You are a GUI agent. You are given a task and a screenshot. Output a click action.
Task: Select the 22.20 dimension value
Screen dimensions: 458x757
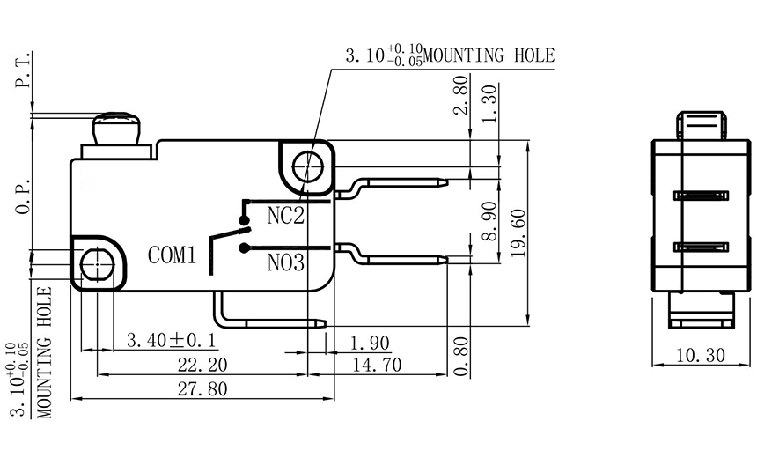(x=202, y=365)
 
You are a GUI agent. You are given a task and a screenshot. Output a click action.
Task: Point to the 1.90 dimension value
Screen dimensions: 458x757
(x=370, y=342)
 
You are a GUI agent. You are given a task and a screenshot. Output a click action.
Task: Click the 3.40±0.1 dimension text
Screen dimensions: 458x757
(x=173, y=340)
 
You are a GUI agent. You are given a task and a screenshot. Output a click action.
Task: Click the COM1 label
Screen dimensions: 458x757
(x=171, y=256)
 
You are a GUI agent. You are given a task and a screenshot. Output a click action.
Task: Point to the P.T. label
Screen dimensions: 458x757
(x=22, y=72)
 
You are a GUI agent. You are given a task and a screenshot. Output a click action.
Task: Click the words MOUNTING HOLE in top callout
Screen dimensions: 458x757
(x=489, y=56)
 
